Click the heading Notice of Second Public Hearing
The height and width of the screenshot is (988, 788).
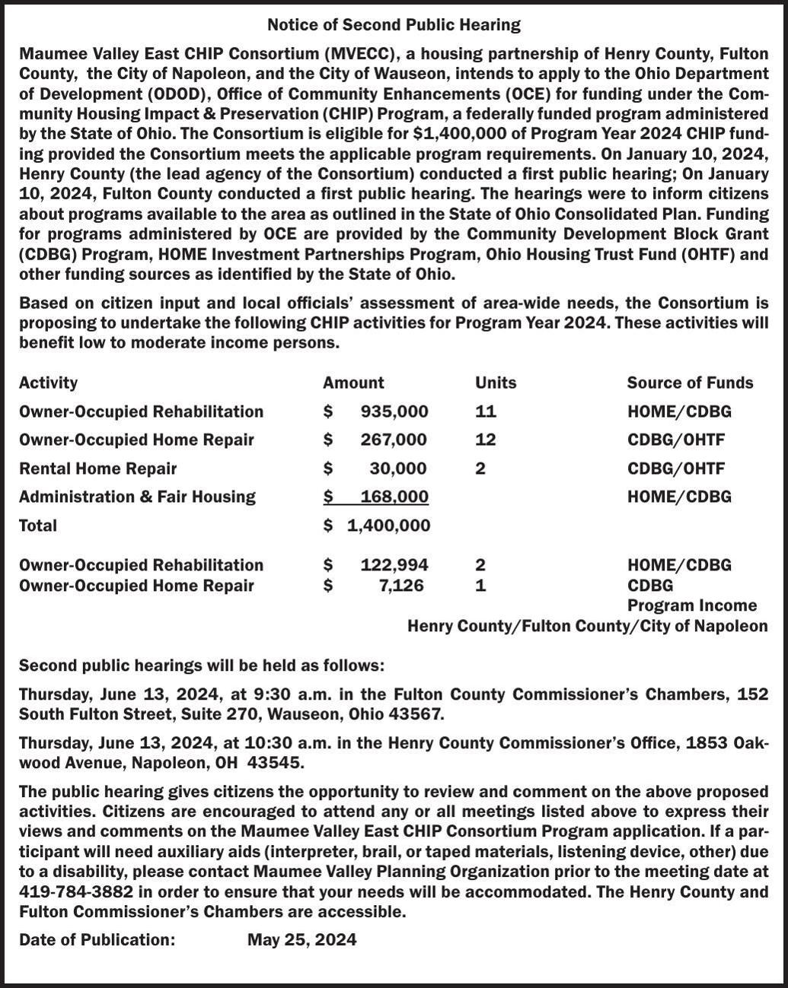pyautogui.click(x=394, y=25)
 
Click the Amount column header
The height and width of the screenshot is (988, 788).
pyautogui.click(x=353, y=383)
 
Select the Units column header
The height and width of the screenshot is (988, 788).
pyautogui.click(x=496, y=383)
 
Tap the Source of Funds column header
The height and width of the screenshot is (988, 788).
pyautogui.click(x=690, y=383)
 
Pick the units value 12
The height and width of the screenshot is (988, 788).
pyautogui.click(x=486, y=440)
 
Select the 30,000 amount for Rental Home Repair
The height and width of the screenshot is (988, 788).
pyautogui.click(x=398, y=469)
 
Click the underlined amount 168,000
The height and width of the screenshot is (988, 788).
pyautogui.click(x=394, y=497)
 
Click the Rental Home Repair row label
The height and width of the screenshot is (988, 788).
pyautogui.click(x=97, y=469)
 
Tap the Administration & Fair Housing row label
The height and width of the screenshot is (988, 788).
pyautogui.click(x=137, y=497)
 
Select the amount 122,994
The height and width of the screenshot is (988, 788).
pyautogui.click(x=394, y=565)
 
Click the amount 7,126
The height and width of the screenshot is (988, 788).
pyautogui.click(x=401, y=586)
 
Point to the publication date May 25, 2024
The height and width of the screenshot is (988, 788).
pyautogui.click(x=301, y=939)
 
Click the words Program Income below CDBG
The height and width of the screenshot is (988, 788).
pyautogui.click(x=691, y=605)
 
